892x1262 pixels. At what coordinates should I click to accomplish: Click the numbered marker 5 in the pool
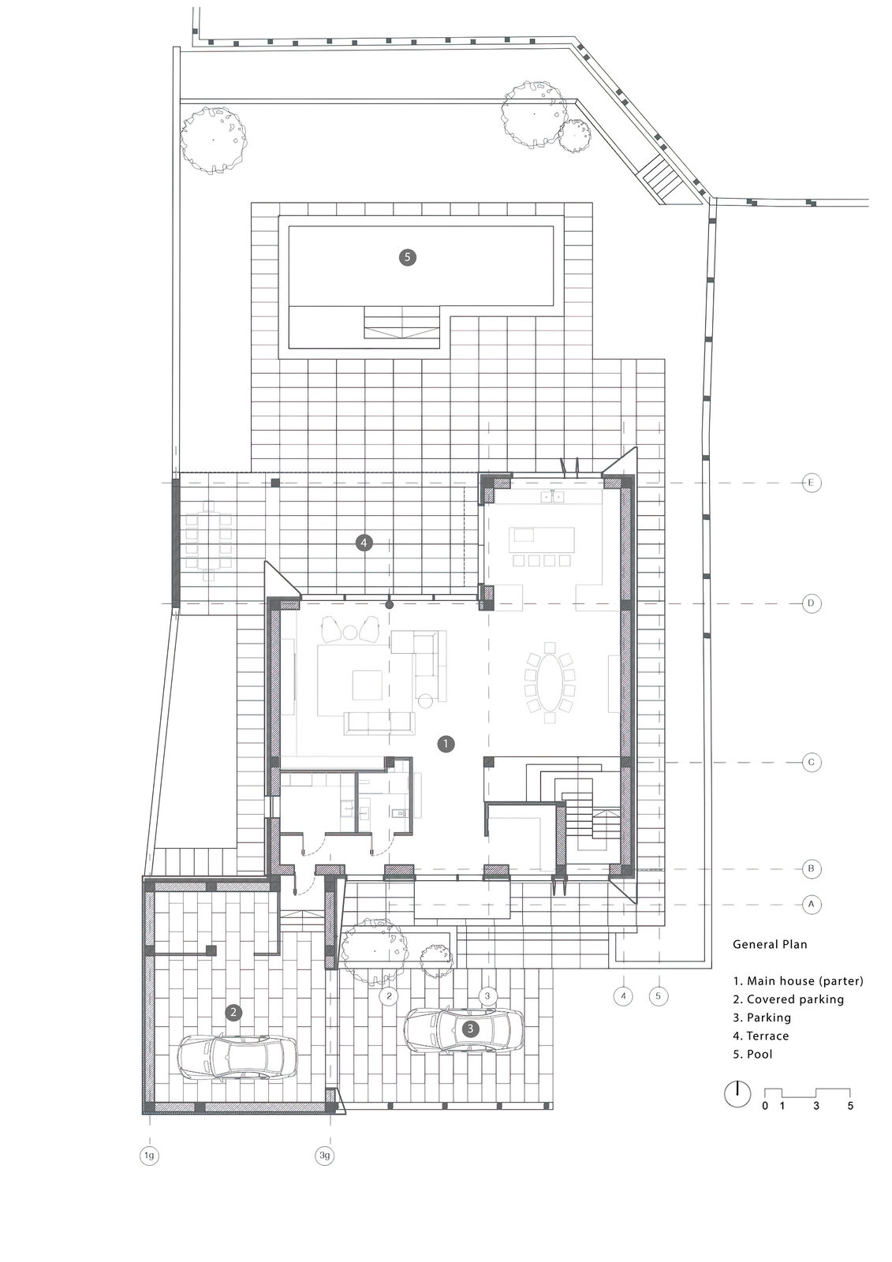tap(407, 257)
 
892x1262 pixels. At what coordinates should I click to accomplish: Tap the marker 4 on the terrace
tap(364, 543)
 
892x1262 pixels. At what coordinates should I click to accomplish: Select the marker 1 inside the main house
tap(446, 744)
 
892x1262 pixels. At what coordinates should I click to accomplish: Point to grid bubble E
tap(811, 482)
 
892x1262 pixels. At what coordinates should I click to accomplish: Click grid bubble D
tap(811, 603)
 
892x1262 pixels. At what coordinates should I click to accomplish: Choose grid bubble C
tap(811, 762)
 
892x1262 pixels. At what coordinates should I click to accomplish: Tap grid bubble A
tap(811, 904)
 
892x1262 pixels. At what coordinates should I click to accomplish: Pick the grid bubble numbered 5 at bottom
tap(658, 996)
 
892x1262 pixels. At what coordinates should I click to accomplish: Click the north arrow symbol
tap(737, 1094)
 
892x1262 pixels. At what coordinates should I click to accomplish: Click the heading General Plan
tap(770, 944)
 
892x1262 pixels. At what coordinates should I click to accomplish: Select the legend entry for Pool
tap(753, 1054)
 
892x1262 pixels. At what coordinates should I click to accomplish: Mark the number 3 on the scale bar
tap(816, 1105)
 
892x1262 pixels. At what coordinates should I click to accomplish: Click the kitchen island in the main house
tap(542, 540)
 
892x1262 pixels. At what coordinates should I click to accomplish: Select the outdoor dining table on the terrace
tap(209, 540)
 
